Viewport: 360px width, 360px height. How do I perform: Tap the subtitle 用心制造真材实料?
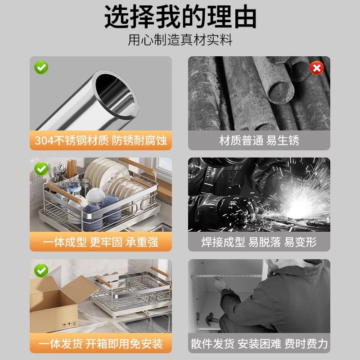point(180,40)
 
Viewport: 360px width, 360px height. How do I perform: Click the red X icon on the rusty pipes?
point(317,68)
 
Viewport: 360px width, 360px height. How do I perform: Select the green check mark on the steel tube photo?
point(41,68)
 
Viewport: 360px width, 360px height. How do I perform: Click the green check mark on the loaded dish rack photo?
point(41,169)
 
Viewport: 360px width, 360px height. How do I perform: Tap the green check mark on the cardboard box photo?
point(41,270)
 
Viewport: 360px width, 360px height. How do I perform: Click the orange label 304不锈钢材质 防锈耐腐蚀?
point(101,140)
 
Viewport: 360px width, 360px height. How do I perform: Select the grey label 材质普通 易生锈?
point(259,140)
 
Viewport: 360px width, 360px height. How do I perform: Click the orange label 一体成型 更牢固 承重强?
point(101,242)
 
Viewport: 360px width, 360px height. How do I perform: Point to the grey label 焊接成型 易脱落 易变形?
point(259,242)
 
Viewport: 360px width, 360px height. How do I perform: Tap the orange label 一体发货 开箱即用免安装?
point(101,344)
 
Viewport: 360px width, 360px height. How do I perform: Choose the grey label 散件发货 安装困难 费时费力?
point(259,344)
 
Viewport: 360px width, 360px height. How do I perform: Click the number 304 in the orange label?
point(45,140)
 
